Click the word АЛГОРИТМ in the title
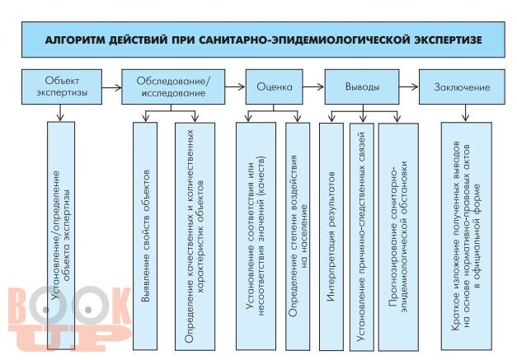(x=74, y=40)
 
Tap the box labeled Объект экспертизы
(x=62, y=86)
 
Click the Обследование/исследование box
(x=173, y=86)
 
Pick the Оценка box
(x=274, y=86)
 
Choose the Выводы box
(x=362, y=86)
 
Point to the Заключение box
(x=462, y=86)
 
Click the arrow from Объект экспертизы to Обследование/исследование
(x=112, y=87)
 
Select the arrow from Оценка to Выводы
(x=313, y=87)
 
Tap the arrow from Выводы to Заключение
(x=409, y=87)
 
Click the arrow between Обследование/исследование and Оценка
(x=235, y=87)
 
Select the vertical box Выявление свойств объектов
(x=145, y=236)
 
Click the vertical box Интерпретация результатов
(x=331, y=236)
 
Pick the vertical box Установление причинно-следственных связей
(x=362, y=236)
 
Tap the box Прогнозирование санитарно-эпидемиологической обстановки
(x=398, y=236)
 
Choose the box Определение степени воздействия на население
(x=298, y=236)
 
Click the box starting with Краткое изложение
(x=466, y=236)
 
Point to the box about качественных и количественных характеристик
(x=195, y=236)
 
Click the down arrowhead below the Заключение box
(x=465, y=117)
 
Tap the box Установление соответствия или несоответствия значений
(x=256, y=236)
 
